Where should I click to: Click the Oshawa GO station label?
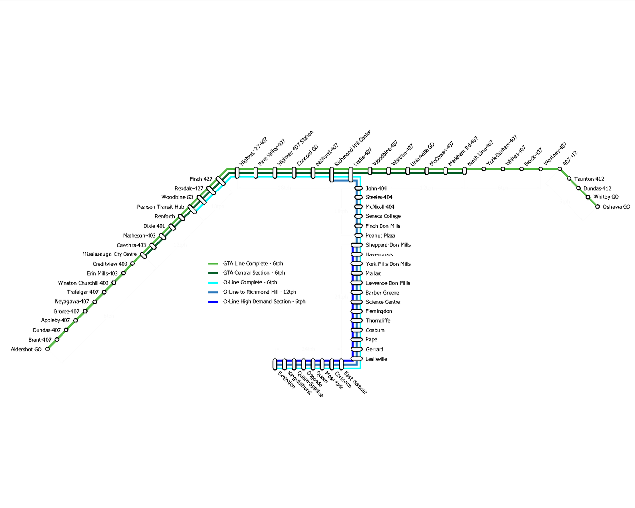click(616, 207)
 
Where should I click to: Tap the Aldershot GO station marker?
click(47, 349)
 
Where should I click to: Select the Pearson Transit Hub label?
click(160, 207)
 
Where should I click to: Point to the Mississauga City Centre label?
click(110, 254)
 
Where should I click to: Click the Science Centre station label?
click(382, 302)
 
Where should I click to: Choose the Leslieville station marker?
click(357, 359)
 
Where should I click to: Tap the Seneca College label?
click(383, 216)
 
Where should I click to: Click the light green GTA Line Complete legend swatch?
click(213, 264)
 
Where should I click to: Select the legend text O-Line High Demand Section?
click(264, 302)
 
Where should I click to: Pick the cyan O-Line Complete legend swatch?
click(213, 283)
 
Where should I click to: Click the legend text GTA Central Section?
click(254, 273)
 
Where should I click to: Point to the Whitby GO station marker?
click(588, 197)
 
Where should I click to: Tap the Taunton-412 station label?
click(589, 179)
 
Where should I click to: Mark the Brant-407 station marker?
click(57, 340)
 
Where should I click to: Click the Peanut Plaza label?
click(380, 236)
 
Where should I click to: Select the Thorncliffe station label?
click(378, 321)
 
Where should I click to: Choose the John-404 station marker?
click(358, 188)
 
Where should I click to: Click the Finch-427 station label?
click(201, 179)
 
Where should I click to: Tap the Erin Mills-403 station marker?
click(123, 273)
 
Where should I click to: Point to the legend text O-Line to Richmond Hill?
click(259, 292)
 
